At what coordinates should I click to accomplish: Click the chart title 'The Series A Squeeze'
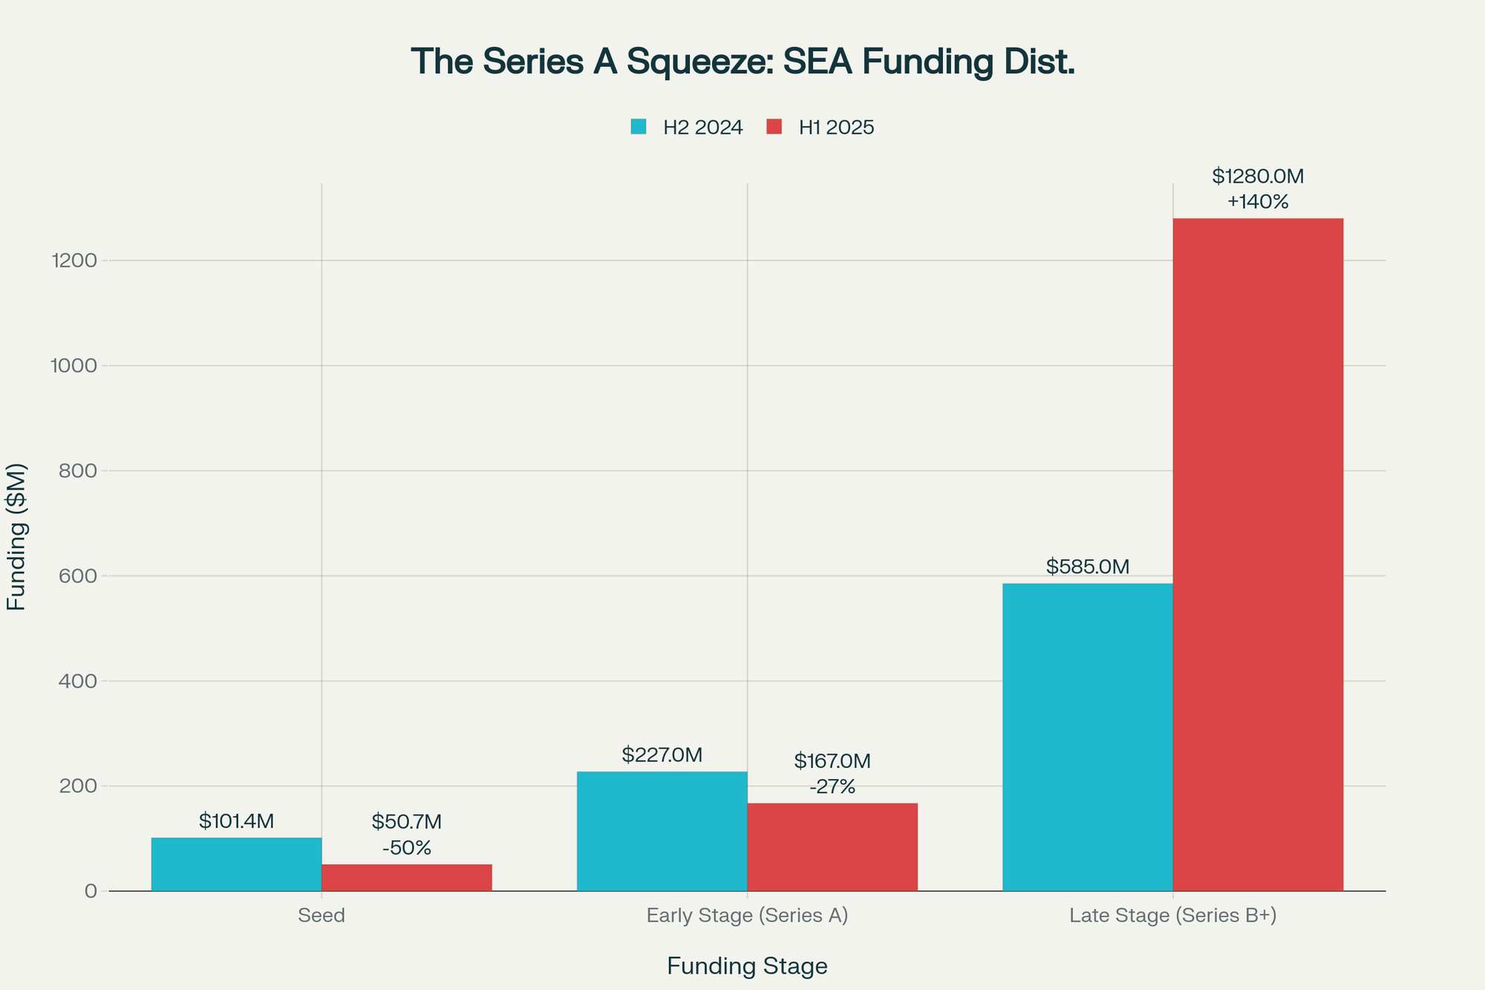tap(742, 62)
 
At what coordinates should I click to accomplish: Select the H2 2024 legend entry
tap(687, 128)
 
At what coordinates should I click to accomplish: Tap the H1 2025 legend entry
tap(820, 128)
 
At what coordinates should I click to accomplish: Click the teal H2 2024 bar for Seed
tap(236, 864)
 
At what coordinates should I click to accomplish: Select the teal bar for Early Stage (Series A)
tap(662, 831)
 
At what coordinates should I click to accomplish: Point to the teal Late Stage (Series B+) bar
tap(1087, 737)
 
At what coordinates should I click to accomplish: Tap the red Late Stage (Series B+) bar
tap(1258, 554)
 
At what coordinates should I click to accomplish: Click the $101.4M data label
tap(236, 821)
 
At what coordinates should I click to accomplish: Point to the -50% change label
tap(406, 848)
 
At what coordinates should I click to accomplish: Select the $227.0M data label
tap(662, 755)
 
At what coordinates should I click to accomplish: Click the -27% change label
tap(832, 787)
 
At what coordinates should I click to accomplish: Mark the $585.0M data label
tap(1087, 567)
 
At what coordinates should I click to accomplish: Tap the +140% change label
tap(1258, 202)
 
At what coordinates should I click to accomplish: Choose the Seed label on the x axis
tap(322, 916)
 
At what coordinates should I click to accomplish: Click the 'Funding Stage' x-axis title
tap(747, 966)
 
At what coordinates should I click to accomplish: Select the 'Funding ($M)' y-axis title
tap(16, 536)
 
